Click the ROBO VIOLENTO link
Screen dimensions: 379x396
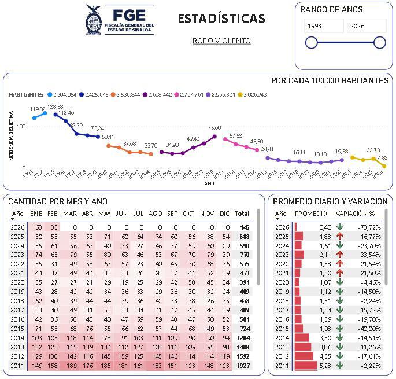221,41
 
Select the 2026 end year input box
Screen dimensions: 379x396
367,26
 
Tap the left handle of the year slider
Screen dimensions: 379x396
311,42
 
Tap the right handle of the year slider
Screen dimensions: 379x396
380,42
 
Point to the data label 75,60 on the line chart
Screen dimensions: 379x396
214,128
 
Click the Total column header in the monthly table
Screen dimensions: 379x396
242,214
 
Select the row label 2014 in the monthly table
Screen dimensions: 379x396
17,337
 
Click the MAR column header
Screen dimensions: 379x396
70,214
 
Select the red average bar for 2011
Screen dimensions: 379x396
306,365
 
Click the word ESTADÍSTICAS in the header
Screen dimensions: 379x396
221,19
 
